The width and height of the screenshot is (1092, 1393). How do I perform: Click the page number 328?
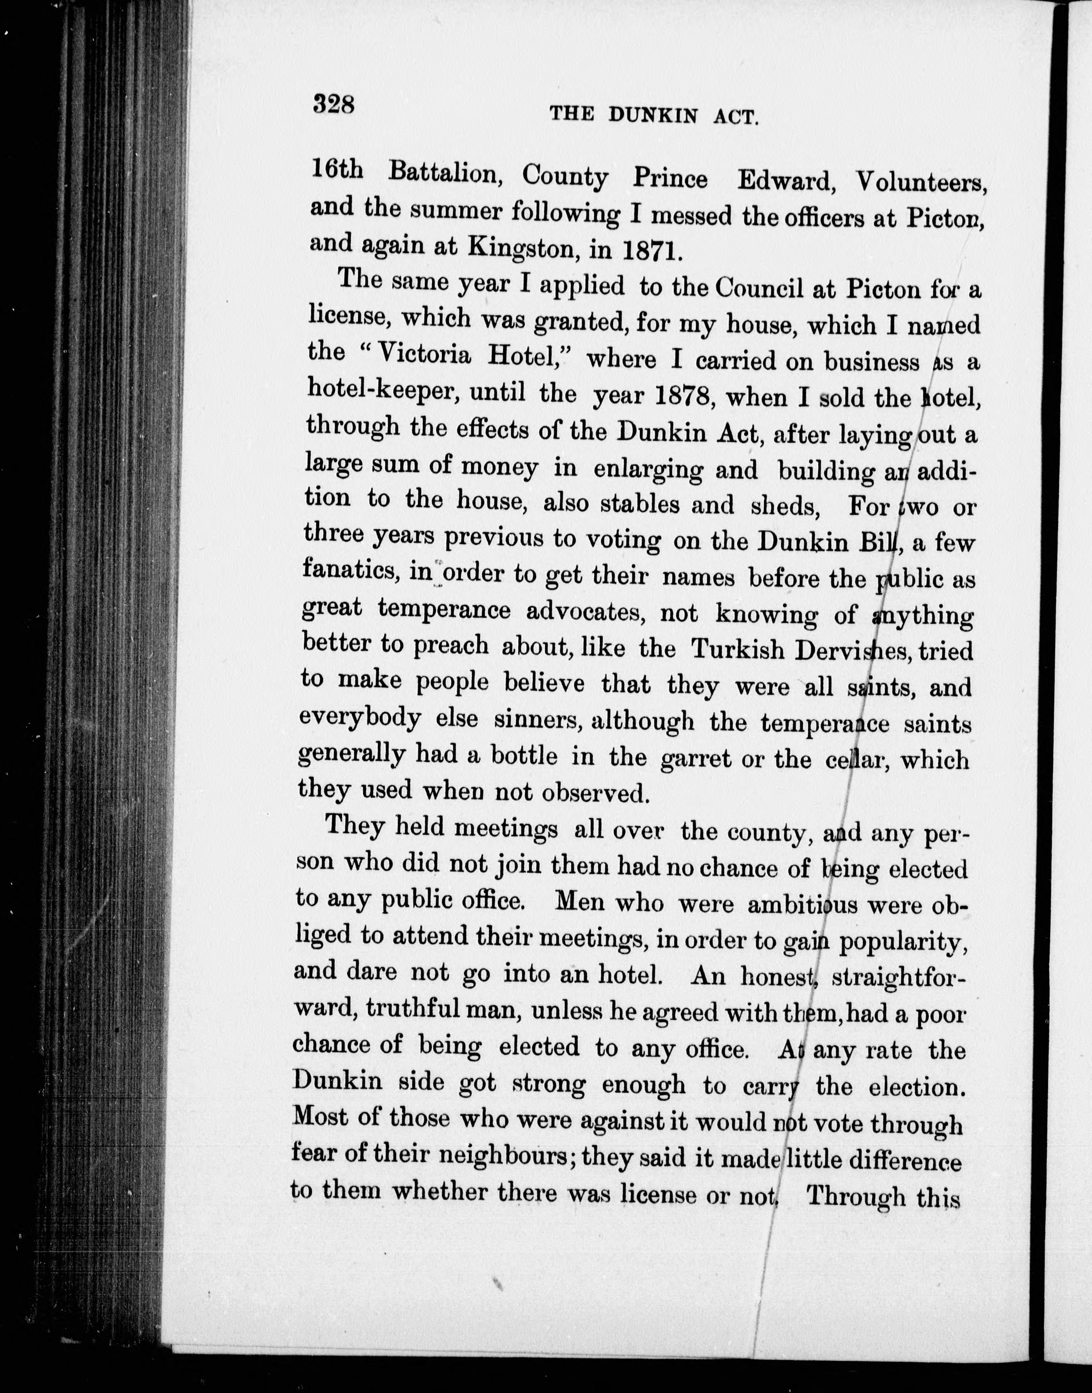pos(334,103)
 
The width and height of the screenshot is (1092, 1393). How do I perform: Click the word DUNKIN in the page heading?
pos(652,115)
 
